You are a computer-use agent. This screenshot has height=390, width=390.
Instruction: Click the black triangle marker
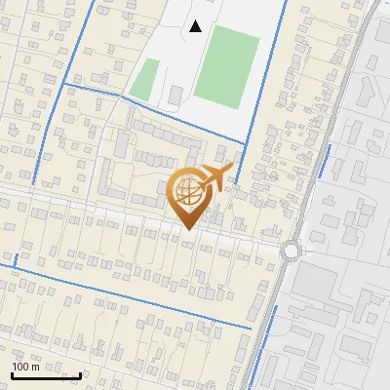196,26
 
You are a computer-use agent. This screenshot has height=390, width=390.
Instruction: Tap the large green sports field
226,65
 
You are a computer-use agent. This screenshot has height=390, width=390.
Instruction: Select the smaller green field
144,79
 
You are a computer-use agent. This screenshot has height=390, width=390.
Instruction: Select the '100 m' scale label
26,367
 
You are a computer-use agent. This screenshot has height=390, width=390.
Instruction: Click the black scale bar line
46,375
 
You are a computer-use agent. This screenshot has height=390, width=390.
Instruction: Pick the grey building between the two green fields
175,95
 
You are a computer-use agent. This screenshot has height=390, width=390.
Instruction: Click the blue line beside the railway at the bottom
266,341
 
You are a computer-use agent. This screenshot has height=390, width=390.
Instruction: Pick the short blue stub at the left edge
8,262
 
